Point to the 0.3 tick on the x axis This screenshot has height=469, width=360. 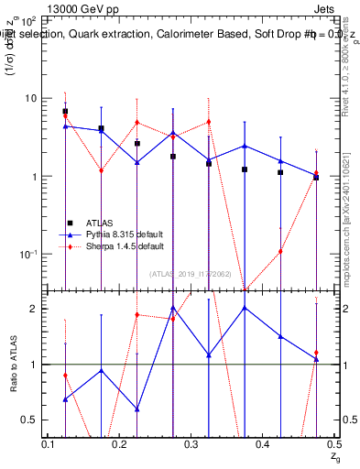click(x=191, y=444)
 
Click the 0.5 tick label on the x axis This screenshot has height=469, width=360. click(x=333, y=444)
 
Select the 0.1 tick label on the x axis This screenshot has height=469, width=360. click(x=49, y=444)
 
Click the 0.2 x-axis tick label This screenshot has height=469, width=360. click(x=120, y=444)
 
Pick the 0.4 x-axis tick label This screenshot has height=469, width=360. click(x=263, y=444)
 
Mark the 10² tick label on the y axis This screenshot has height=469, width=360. click(x=29, y=19)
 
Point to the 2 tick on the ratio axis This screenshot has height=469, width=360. click(x=34, y=309)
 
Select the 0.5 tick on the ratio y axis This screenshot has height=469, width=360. click(x=30, y=420)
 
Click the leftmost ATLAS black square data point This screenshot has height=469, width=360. click(x=65, y=112)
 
